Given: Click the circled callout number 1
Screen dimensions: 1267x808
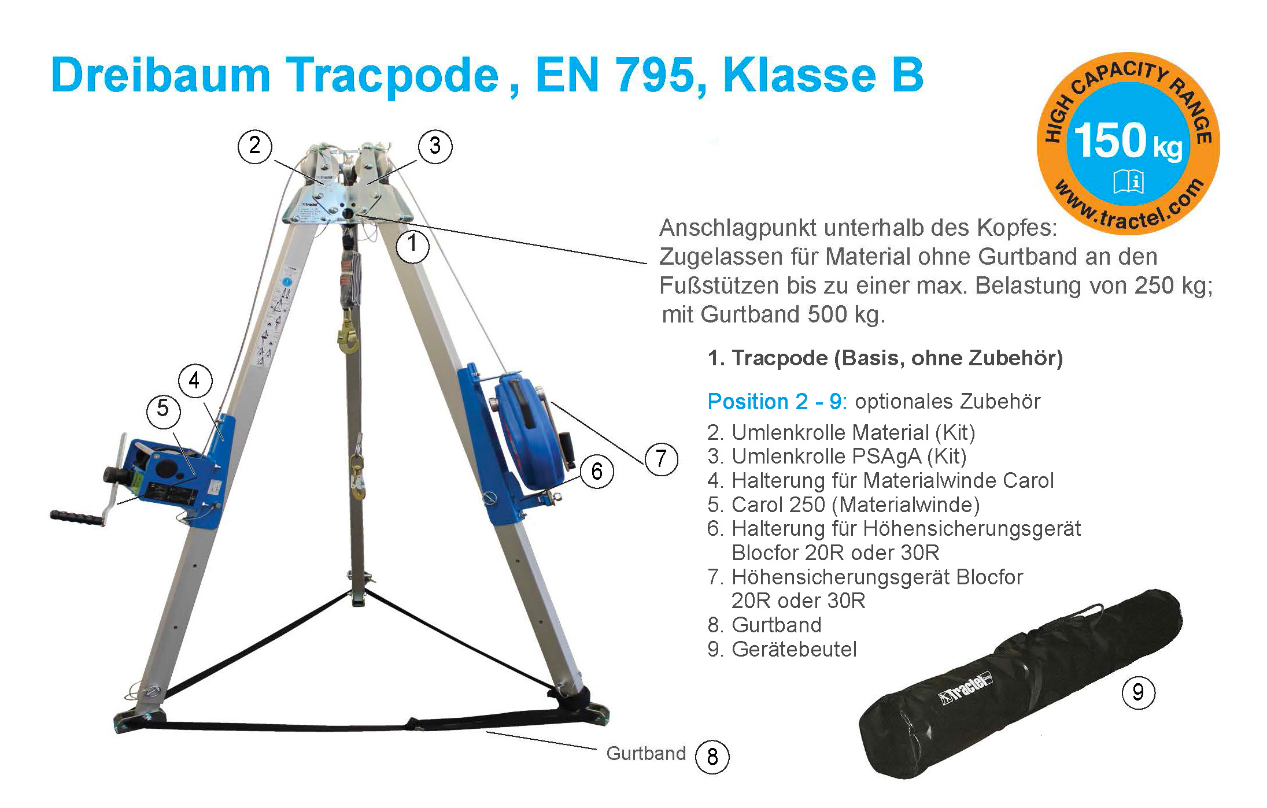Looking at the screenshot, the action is click(412, 245).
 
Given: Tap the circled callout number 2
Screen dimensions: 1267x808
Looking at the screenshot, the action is click(255, 146).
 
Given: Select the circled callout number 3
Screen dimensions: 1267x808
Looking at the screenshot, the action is click(435, 146).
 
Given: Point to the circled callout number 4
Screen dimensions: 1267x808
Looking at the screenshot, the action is click(195, 381).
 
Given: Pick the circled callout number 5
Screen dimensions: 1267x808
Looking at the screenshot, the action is click(163, 410).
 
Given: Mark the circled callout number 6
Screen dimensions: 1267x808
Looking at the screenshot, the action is click(597, 472).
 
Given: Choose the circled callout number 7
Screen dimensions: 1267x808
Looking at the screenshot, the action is click(661, 458).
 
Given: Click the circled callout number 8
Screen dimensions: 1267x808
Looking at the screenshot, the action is click(712, 757).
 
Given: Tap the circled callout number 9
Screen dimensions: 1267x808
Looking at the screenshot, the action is click(1138, 692).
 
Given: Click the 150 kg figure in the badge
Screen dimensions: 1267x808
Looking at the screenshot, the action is click(1128, 141).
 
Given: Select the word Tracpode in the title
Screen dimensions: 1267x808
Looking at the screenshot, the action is click(393, 76).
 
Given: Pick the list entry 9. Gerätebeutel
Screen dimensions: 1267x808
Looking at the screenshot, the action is click(782, 649).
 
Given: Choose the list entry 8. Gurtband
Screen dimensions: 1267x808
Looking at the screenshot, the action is click(764, 625).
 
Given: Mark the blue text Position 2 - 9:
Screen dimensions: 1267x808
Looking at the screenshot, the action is click(777, 401).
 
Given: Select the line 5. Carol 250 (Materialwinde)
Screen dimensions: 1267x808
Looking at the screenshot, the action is click(844, 505).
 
